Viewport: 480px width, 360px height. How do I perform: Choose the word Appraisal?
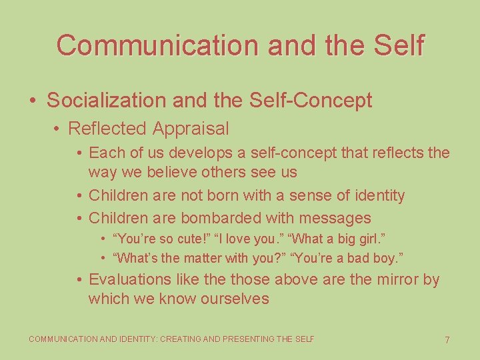pyautogui.click(x=190, y=128)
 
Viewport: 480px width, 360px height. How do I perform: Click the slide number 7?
pyautogui.click(x=447, y=340)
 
